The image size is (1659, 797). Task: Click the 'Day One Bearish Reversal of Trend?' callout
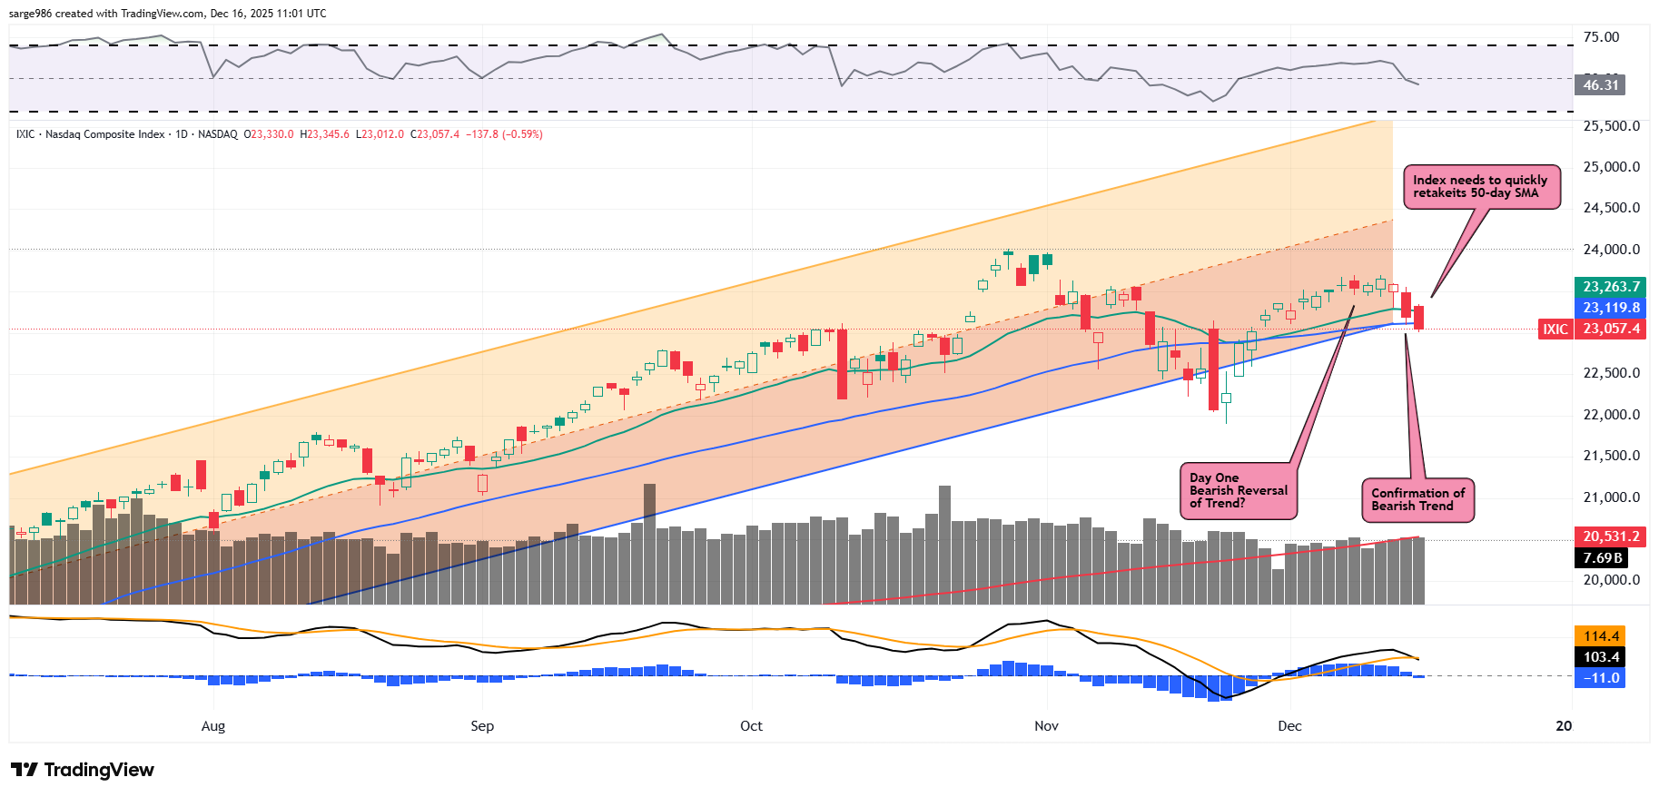tap(1238, 490)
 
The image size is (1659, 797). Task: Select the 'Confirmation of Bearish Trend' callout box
tap(1417, 500)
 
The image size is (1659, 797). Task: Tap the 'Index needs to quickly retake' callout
tap(1481, 187)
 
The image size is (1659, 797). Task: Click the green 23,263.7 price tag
tap(1610, 287)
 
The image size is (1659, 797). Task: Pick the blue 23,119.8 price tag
tap(1610, 308)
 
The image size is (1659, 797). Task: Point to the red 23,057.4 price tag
tap(1610, 329)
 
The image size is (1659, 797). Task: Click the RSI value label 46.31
tap(1600, 85)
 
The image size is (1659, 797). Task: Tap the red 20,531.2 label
tap(1610, 536)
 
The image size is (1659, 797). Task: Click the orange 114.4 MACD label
tap(1601, 636)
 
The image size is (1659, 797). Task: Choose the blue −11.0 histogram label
tap(1601, 678)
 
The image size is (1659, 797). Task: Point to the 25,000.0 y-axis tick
tap(1611, 167)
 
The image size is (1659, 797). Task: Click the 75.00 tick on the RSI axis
tap(1601, 37)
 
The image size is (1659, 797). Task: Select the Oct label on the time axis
tap(751, 726)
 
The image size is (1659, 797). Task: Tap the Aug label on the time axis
tap(212, 726)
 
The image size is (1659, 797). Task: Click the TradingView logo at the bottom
tap(83, 770)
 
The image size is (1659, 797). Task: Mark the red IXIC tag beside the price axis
tap(1555, 329)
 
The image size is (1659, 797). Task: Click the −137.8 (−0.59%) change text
tap(504, 134)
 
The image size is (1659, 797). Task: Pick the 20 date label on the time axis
tap(1564, 726)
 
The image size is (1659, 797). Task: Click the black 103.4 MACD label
tap(1601, 657)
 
